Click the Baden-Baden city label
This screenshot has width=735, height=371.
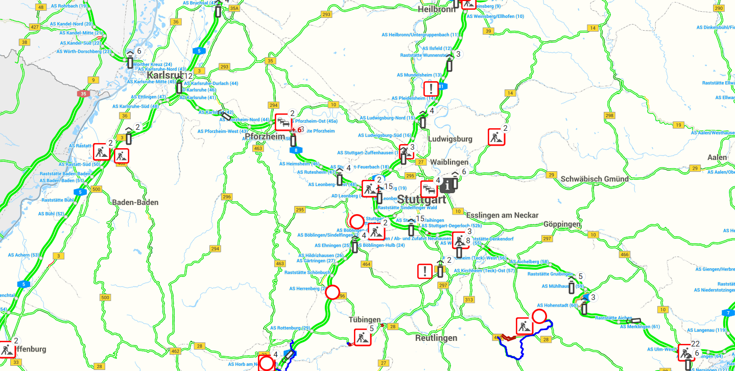click(x=135, y=202)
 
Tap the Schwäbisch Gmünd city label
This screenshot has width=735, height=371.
click(x=595, y=179)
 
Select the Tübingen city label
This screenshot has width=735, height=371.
click(x=365, y=320)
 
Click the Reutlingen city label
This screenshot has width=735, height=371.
click(x=436, y=338)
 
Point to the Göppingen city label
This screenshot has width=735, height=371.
click(x=562, y=224)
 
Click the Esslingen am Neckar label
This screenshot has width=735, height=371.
click(x=502, y=215)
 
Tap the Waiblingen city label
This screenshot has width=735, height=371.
click(x=449, y=162)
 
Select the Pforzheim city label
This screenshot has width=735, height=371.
click(x=265, y=137)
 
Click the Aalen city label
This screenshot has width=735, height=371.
click(x=717, y=157)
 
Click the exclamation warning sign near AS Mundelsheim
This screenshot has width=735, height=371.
click(x=431, y=88)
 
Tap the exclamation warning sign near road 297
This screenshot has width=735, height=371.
click(x=425, y=271)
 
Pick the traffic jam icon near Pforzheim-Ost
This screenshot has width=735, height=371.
click(x=282, y=122)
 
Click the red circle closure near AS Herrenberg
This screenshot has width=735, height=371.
click(x=333, y=292)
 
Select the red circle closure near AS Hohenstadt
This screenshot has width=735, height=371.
click(x=539, y=316)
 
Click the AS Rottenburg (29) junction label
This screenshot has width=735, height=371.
click(x=290, y=328)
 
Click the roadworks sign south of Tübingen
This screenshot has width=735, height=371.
click(x=362, y=337)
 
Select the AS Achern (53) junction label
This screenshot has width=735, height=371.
click(x=23, y=254)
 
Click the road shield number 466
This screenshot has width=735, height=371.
click(x=624, y=254)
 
